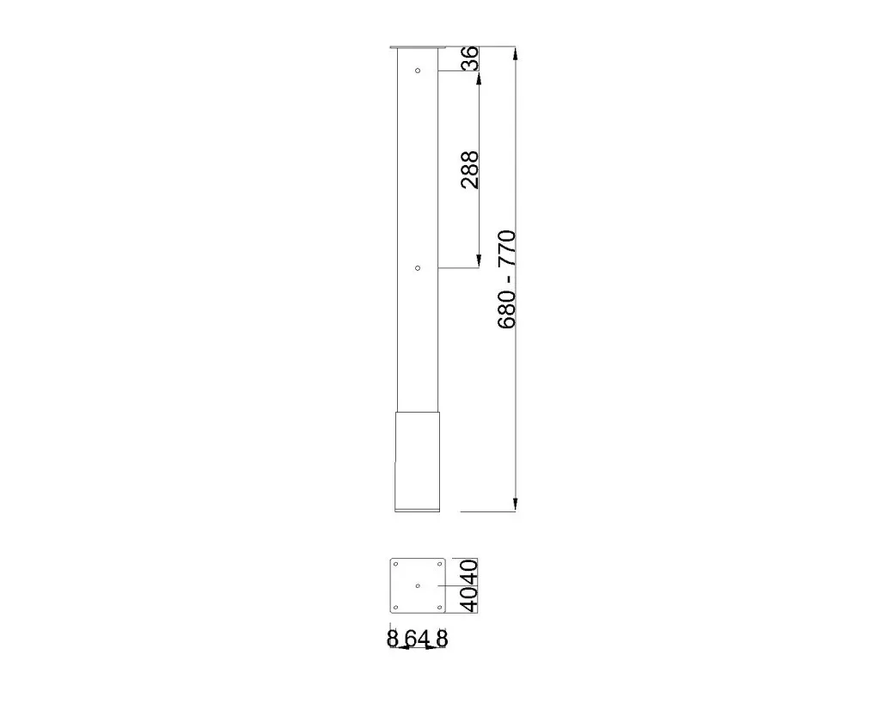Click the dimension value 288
click(x=470, y=169)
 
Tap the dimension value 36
click(x=470, y=58)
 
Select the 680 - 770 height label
click(x=507, y=279)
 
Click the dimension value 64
click(x=418, y=639)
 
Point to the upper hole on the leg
click(x=418, y=70)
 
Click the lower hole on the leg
click(x=418, y=268)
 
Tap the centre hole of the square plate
click(x=418, y=586)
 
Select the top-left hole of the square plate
click(x=395, y=564)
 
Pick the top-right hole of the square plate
click(x=439, y=564)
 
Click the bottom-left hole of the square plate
click(x=395, y=608)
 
